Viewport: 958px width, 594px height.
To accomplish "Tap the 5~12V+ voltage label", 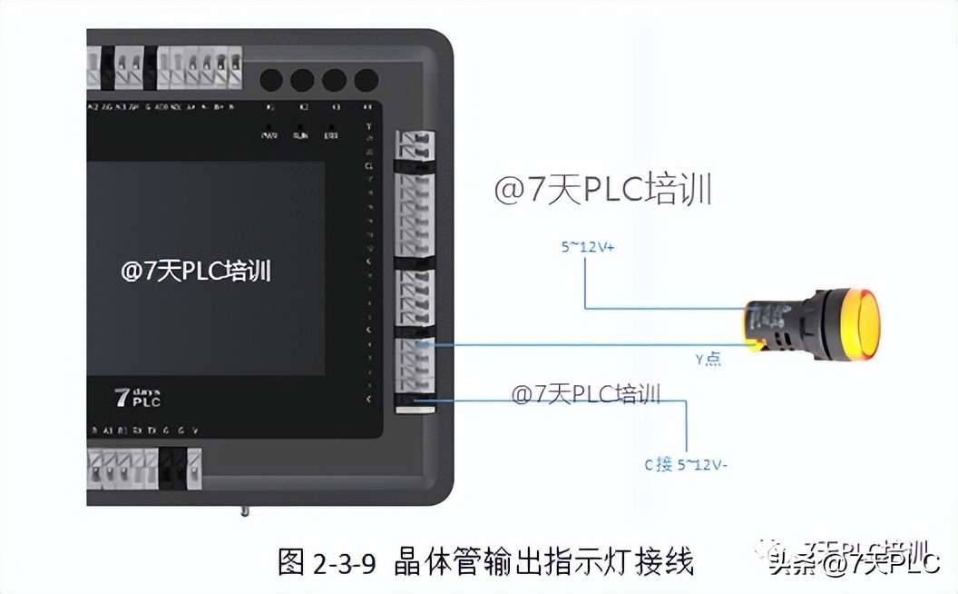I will [586, 246].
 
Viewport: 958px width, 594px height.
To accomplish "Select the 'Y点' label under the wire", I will [708, 359].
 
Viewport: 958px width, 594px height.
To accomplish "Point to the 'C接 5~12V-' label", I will [687, 464].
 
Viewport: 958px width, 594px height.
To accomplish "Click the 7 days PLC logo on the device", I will [137, 397].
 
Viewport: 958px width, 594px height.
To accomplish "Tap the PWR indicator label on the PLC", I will [269, 135].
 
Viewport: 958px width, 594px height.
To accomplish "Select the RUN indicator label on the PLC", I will [300, 135].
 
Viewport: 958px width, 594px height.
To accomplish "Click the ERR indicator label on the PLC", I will [333, 135].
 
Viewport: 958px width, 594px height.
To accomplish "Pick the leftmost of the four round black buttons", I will [271, 80].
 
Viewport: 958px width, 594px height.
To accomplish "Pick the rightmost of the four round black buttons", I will [366, 80].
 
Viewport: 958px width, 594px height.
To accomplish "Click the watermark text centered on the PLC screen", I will [196, 272].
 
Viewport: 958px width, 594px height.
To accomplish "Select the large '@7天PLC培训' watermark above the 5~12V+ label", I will [602, 190].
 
